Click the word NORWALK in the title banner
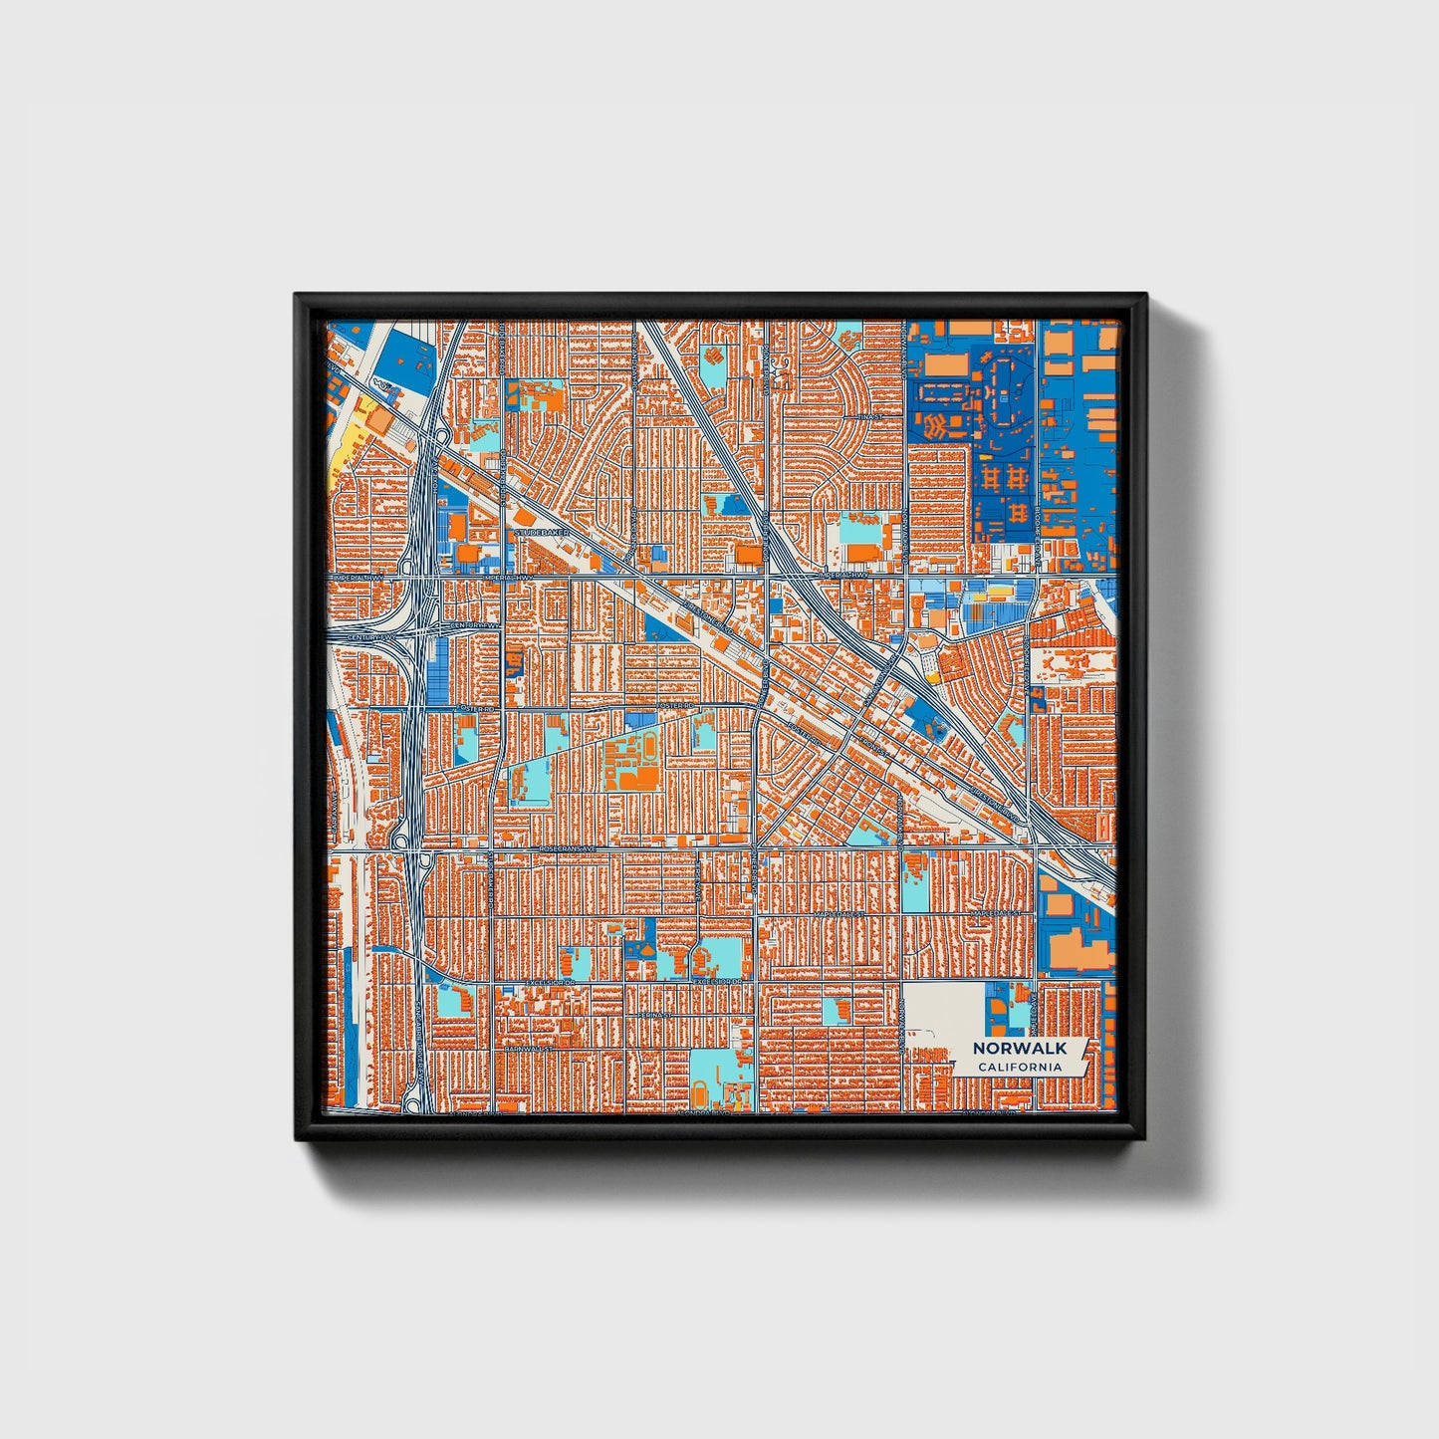[1019, 1048]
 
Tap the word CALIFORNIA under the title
[1019, 1067]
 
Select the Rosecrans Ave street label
[567, 848]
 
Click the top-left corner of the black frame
[298, 296]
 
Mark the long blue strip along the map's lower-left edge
[347, 1026]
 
